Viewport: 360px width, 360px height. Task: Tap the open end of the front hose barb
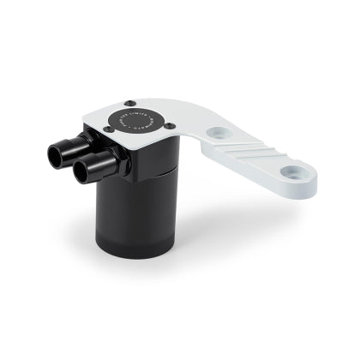[82, 171]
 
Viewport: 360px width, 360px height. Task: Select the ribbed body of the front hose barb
[94, 169]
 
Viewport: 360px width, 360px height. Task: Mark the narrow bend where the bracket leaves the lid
[199, 129]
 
